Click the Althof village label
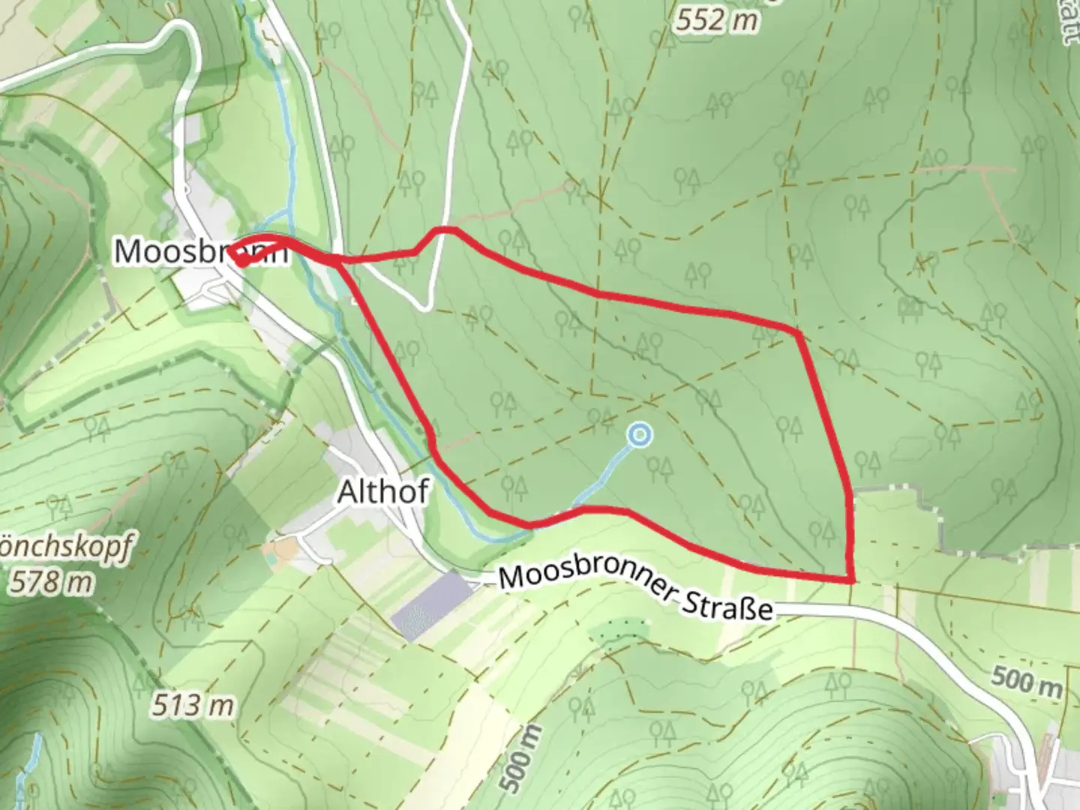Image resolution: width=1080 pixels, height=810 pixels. tap(382, 492)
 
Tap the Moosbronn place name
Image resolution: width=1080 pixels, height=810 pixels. tap(200, 251)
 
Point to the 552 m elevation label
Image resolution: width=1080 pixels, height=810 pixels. tap(716, 20)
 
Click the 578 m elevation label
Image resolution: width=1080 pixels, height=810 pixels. tap(51, 582)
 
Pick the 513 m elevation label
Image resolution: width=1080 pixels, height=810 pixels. tap(193, 705)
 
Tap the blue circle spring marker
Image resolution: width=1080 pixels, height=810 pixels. tap(639, 434)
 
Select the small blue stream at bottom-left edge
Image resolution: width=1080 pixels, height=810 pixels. tap(32, 765)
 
